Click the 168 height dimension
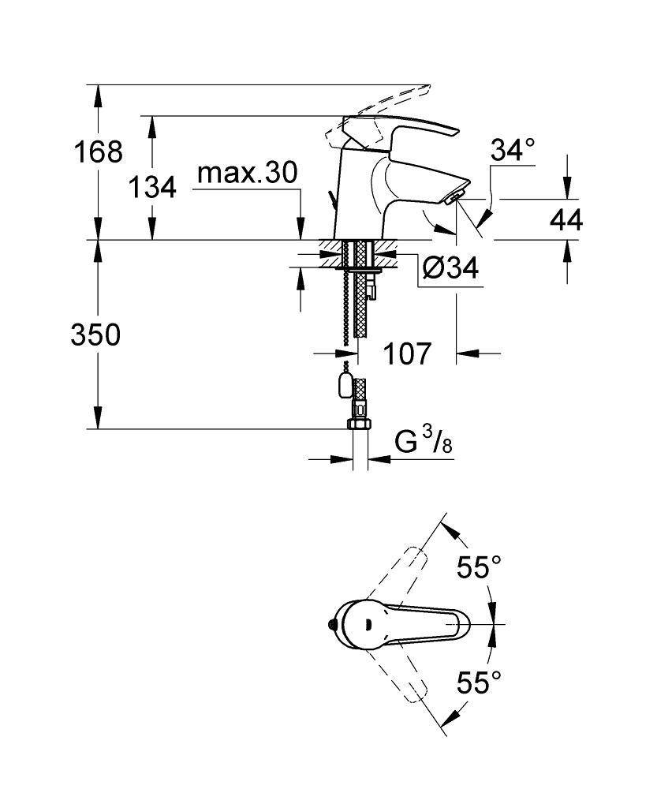[x=97, y=151]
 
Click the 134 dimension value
[x=152, y=187]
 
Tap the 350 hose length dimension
[x=95, y=335]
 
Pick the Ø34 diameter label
[x=450, y=268]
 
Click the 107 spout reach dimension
[x=409, y=353]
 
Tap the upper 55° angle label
[x=480, y=567]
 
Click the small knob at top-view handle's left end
[x=330, y=625]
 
